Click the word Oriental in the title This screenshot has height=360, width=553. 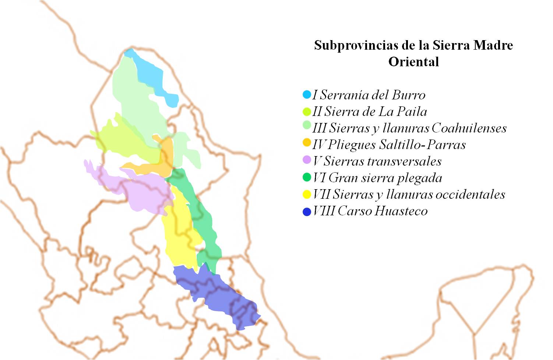tap(413, 61)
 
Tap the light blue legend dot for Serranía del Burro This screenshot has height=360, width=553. tap(307, 95)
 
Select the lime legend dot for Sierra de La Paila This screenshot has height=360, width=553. tap(307, 111)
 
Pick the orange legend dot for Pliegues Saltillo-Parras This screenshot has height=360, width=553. tap(307, 142)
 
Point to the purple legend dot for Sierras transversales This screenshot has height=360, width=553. tap(307, 160)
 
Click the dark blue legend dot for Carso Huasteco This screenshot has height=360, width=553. tap(307, 212)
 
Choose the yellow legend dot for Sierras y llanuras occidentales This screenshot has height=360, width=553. tap(307, 194)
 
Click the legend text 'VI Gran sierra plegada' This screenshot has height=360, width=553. tap(377, 178)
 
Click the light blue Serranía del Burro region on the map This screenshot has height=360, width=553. tap(155, 77)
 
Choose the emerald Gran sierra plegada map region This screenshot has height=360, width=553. tap(202, 221)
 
